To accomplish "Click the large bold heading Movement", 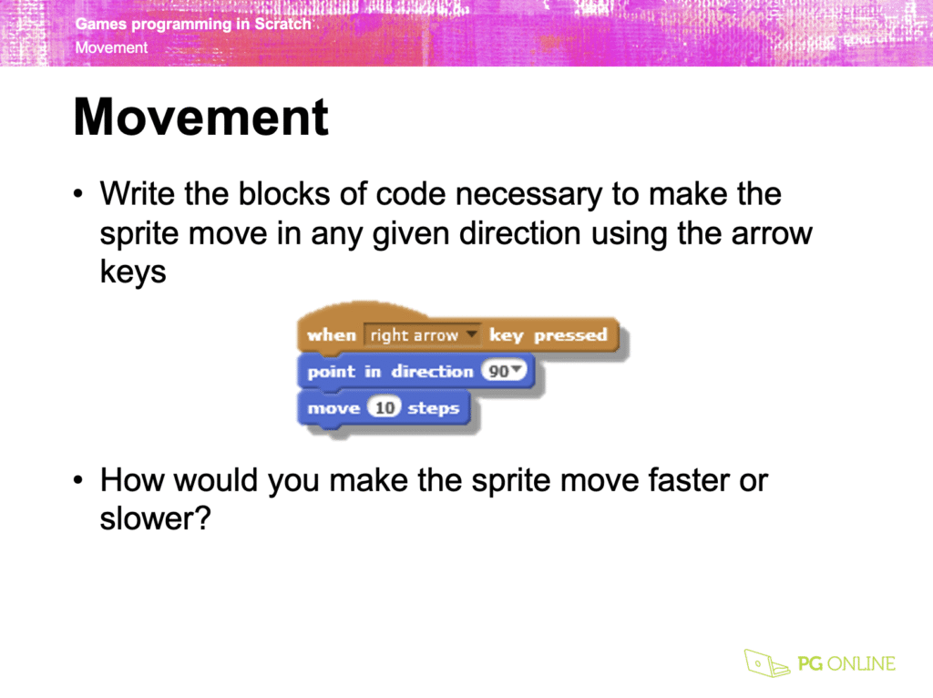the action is tap(201, 118).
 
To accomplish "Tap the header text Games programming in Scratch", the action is tap(193, 24).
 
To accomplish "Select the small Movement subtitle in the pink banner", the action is tap(111, 47).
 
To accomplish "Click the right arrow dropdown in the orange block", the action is tap(422, 335).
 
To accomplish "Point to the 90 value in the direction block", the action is tap(503, 371).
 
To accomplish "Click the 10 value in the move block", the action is tap(384, 407).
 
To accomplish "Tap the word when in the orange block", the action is tap(332, 335).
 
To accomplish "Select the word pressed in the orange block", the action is tap(570, 335).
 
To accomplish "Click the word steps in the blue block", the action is tap(433, 409).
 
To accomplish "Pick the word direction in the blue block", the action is tap(432, 371).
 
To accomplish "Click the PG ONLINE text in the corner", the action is tap(846, 663).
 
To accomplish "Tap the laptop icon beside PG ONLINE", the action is tap(766, 662).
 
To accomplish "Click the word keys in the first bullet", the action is tap(133, 272).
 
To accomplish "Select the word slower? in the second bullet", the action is tap(155, 518).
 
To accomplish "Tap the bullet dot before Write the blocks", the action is tap(78, 194).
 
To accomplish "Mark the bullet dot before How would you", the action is tap(78, 480).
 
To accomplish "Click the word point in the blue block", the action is tap(331, 372).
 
